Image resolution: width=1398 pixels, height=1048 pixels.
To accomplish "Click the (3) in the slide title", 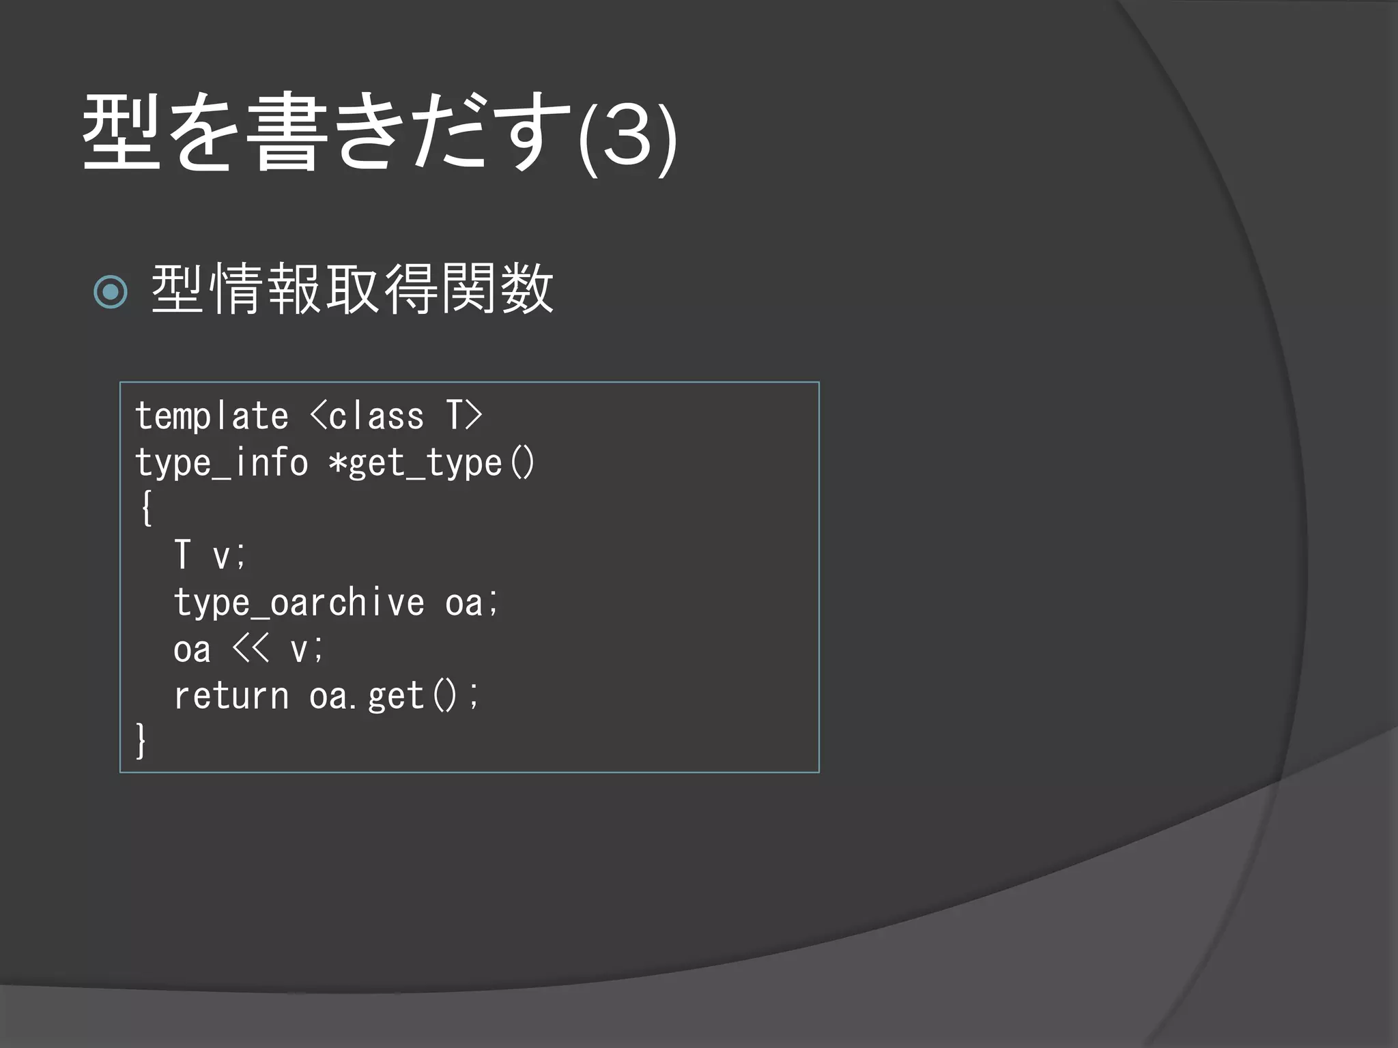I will coord(627,136).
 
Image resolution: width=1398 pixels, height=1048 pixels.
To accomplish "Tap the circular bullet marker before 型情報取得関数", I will coord(111,292).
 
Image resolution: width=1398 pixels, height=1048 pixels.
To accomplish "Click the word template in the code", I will coord(212,416).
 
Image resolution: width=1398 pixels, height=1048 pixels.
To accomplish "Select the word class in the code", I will coord(376,416).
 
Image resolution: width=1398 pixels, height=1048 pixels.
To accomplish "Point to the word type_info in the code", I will coord(221,463).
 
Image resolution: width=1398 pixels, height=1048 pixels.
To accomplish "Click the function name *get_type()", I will coord(431,463).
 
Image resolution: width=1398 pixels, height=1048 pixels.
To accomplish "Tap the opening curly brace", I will coord(145,508).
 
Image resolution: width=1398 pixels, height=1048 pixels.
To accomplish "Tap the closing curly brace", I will coord(141,741).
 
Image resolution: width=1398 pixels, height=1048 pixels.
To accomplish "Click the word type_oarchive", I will coord(298,603).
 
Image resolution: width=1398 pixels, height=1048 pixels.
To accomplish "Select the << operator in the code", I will coord(251,648).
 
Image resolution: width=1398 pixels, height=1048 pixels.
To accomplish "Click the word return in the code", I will coord(231,696).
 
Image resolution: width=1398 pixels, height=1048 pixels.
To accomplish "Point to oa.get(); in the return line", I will coord(394,696).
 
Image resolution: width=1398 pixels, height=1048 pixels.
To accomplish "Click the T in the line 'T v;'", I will coord(182,554).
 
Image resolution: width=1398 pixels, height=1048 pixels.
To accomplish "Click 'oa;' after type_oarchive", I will coord(472,603).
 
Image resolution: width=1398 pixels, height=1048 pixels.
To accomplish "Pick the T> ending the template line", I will coord(464,416).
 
